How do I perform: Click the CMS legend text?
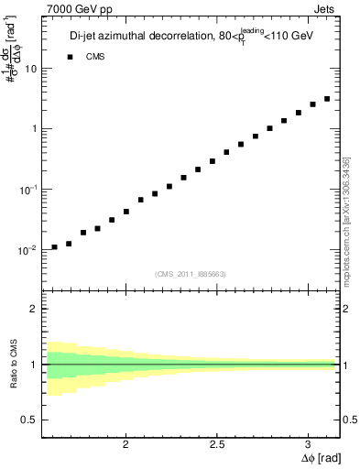(96, 57)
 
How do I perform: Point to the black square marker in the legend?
(70, 57)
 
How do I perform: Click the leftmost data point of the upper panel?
(55, 246)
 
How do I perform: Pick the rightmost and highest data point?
(327, 99)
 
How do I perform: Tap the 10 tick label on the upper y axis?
(31, 69)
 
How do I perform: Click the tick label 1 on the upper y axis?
(34, 129)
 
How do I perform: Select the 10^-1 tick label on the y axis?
(28, 189)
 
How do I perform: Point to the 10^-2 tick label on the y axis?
(28, 249)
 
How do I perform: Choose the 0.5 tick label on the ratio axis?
(29, 420)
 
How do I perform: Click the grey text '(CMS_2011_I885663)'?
(190, 274)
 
